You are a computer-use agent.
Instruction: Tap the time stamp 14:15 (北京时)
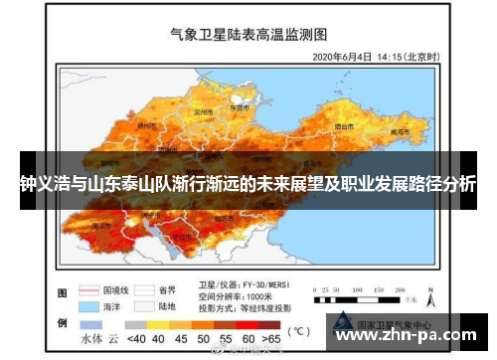(x=407, y=57)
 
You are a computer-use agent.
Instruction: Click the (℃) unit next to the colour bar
(x=297, y=329)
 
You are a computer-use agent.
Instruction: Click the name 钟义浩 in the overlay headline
(x=40, y=184)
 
